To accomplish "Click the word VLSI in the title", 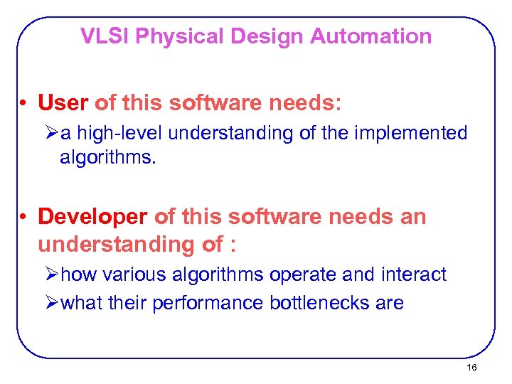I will coord(105,36).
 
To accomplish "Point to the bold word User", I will coord(63,103).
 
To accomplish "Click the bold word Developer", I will coord(93,216).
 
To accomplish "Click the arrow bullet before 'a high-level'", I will coord(50,133).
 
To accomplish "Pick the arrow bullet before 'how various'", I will coord(50,274).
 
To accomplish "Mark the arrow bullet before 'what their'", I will coord(50,303).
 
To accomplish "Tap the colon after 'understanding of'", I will coord(232,245).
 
